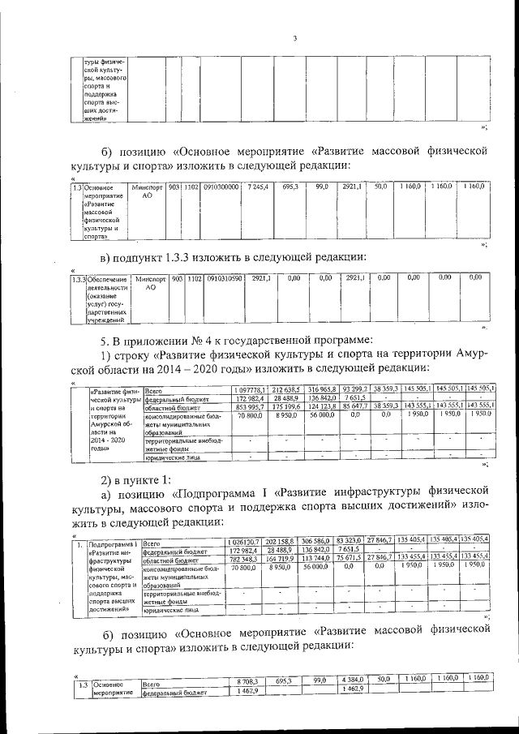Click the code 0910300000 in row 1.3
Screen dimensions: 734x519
(x=221, y=187)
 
